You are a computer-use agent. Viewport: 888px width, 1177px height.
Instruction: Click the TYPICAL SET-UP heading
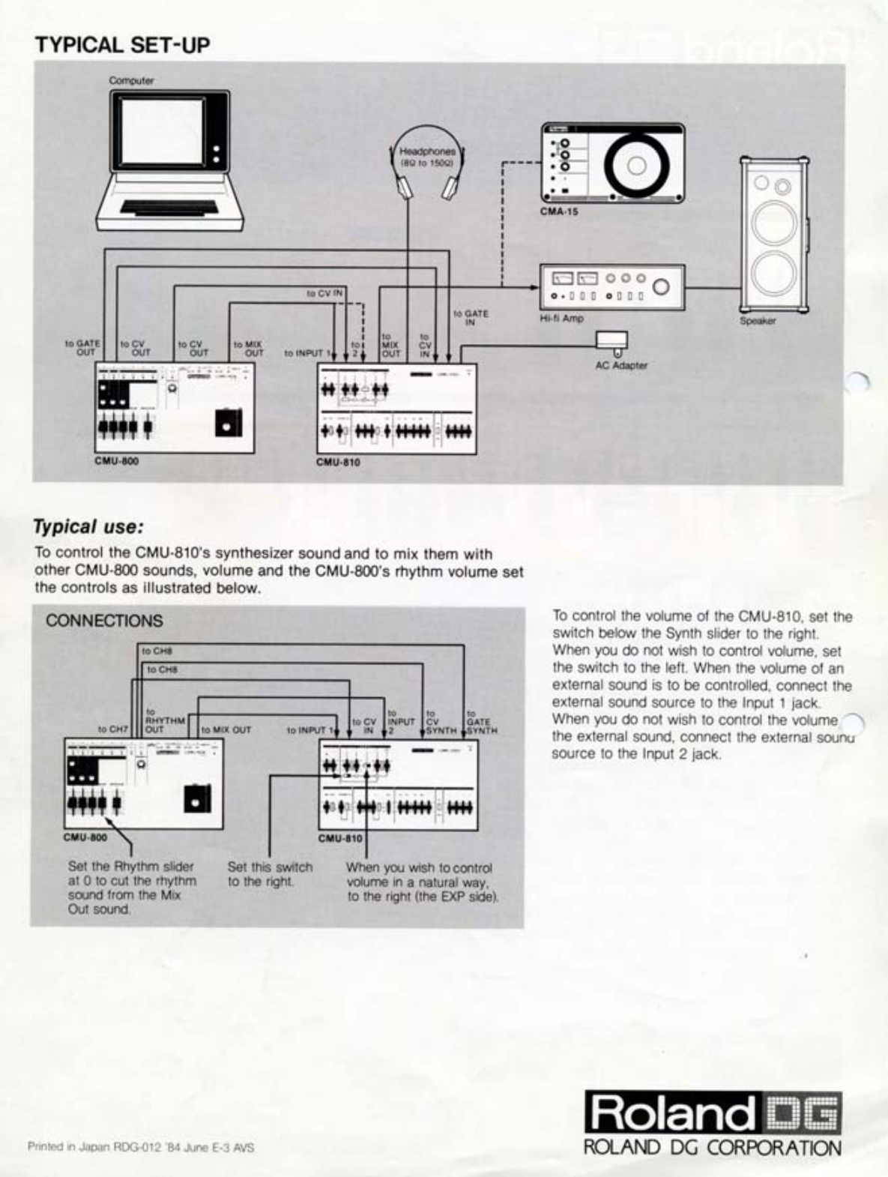click(122, 45)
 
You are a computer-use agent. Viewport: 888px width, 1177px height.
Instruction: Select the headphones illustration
click(427, 162)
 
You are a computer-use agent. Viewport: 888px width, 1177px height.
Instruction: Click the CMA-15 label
click(559, 211)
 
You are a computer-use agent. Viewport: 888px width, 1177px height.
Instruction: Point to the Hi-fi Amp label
click(561, 318)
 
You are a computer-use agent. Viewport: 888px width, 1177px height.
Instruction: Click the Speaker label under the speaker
click(758, 321)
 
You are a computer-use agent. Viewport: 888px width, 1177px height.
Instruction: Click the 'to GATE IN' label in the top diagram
click(471, 318)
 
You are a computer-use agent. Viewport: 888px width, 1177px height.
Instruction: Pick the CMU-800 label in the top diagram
click(116, 461)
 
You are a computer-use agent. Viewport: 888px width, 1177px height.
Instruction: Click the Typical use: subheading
click(88, 526)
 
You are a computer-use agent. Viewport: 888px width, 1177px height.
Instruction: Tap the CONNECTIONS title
click(104, 621)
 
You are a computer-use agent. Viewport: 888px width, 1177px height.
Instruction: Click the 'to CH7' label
click(112, 729)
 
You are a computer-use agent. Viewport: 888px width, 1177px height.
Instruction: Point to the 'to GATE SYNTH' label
click(481, 722)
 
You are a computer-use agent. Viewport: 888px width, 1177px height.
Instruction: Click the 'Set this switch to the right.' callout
click(270, 874)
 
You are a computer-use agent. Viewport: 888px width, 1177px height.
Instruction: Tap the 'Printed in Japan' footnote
click(140, 1147)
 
